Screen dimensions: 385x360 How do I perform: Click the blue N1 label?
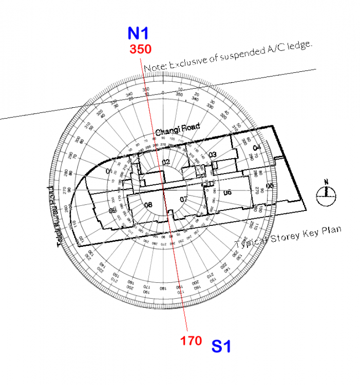(x=138, y=33)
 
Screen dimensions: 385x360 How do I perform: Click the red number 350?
(x=140, y=50)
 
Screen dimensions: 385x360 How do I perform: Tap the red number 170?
(x=191, y=340)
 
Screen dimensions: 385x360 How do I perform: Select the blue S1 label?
(x=221, y=347)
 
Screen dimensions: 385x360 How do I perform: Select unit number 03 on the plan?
(x=213, y=155)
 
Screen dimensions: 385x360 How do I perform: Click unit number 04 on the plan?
(x=257, y=148)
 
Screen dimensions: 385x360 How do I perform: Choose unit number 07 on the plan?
(x=184, y=199)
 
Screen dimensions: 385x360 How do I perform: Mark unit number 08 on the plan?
(x=148, y=205)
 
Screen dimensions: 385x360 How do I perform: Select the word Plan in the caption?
(x=331, y=230)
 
